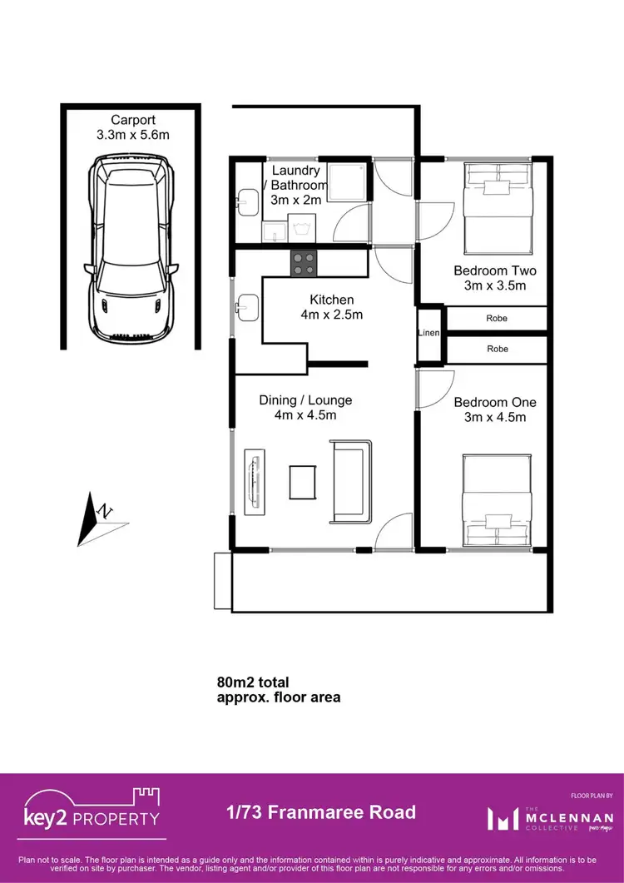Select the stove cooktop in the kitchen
point(304,263)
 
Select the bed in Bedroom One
point(497,499)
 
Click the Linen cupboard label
point(429,333)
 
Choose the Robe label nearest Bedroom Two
point(497,318)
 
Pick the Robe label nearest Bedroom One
point(497,349)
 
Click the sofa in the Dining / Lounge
point(351,481)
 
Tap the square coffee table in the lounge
point(302,481)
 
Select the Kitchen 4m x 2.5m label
point(332,307)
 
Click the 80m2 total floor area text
point(278,690)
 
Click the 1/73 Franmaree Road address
point(320,812)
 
